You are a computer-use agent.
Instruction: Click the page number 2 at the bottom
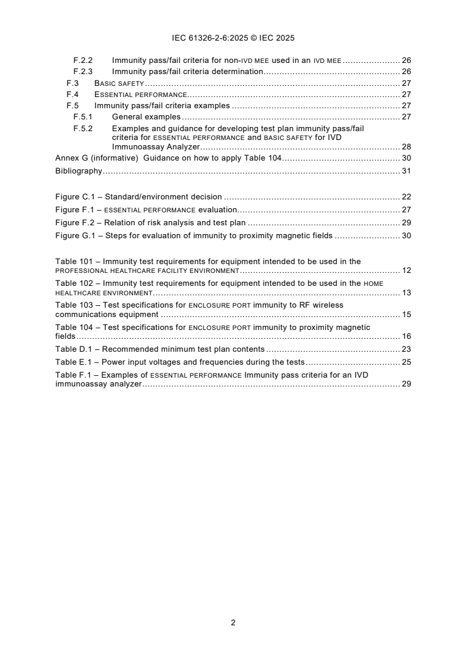233,622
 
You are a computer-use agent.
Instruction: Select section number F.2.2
83,60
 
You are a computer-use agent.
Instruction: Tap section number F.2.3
83,71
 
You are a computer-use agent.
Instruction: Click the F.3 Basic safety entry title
120,83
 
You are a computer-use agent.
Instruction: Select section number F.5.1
83,116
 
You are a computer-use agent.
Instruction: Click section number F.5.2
83,128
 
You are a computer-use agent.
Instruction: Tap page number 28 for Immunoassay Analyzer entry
406,146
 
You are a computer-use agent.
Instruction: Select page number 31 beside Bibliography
406,171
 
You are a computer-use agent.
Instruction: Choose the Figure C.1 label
74,196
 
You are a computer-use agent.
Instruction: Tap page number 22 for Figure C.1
406,196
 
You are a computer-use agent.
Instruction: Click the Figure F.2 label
74,222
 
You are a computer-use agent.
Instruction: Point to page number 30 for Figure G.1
406,235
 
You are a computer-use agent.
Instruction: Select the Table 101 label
73,261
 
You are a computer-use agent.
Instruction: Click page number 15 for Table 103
406,314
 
